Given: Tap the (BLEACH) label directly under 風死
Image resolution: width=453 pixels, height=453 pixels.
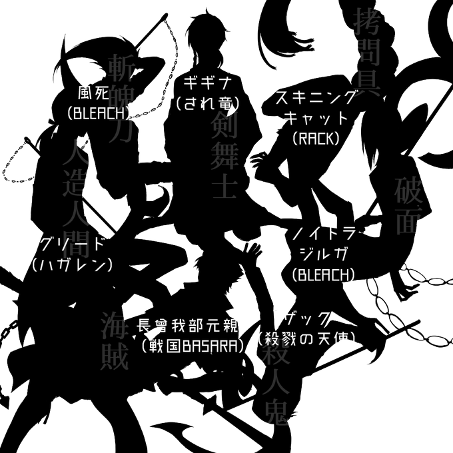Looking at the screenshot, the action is click(98, 111).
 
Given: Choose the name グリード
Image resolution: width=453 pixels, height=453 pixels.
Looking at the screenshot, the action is click(72, 242).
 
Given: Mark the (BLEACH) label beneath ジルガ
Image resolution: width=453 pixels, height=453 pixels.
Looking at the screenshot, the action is click(322, 274).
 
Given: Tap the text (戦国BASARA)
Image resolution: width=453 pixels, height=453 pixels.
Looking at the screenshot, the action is click(190, 346).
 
